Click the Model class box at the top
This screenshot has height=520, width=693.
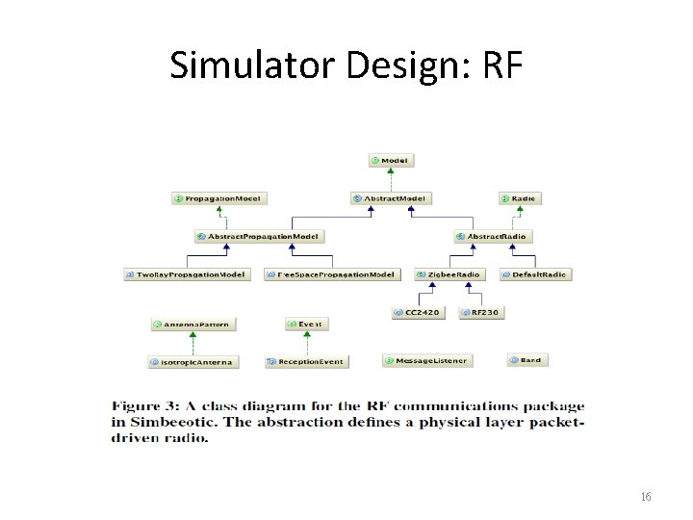pyautogui.click(x=389, y=160)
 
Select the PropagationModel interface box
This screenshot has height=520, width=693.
pyautogui.click(x=218, y=198)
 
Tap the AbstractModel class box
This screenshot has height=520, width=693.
pyautogui.click(x=391, y=198)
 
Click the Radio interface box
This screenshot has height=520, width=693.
pyautogui.click(x=520, y=198)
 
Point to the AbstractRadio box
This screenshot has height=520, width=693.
pyautogui.click(x=493, y=236)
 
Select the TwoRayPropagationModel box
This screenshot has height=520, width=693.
pyautogui.click(x=187, y=274)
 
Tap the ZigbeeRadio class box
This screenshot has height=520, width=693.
pyautogui.click(x=449, y=274)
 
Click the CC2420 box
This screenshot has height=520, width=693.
pyautogui.click(x=418, y=313)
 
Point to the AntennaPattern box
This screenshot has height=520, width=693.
pyautogui.click(x=192, y=325)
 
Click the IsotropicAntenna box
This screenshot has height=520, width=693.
pyautogui.click(x=192, y=362)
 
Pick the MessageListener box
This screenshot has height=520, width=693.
pyautogui.click(x=426, y=361)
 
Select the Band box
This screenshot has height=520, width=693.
pyautogui.click(x=526, y=360)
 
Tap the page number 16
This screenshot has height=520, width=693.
pyautogui.click(x=645, y=497)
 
